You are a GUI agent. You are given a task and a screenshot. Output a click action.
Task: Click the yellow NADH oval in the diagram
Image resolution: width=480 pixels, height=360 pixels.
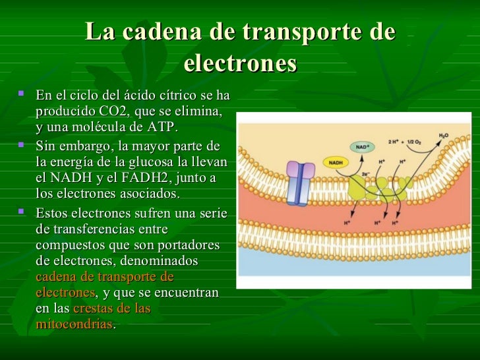click(x=336, y=162)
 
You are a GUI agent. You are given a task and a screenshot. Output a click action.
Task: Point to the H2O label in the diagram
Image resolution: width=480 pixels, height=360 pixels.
click(x=444, y=135)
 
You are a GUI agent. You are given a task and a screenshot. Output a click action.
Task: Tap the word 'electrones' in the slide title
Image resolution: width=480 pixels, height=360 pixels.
click(x=240, y=63)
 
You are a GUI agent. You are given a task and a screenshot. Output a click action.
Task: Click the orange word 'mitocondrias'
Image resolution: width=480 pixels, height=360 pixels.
click(x=75, y=325)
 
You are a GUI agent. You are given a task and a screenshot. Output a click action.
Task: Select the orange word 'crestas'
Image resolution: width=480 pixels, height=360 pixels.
click(x=92, y=309)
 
